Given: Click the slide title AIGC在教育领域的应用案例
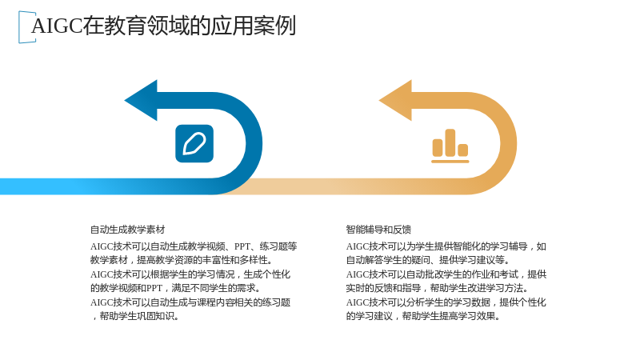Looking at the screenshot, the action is click(163, 26).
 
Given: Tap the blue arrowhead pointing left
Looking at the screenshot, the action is click(141, 101).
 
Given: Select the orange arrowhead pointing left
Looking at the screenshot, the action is click(395, 101).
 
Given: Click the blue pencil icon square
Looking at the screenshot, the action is click(194, 144).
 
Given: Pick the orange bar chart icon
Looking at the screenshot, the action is click(450, 146).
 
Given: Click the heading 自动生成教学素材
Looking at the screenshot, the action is click(128, 230).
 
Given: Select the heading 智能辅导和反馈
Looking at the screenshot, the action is click(378, 230).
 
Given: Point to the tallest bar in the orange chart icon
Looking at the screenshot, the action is click(450, 143).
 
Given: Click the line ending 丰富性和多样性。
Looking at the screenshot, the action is click(182, 260).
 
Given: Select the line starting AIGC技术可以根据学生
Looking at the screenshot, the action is click(190, 274).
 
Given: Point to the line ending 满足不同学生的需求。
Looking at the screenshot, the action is click(176, 288).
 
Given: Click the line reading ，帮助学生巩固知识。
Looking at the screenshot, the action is click(135, 316).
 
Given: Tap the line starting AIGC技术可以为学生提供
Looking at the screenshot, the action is click(446, 246).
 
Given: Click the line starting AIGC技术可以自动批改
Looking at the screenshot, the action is click(446, 274).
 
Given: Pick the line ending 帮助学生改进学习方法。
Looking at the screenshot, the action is click(438, 288).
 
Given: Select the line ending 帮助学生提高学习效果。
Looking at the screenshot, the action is click(423, 316).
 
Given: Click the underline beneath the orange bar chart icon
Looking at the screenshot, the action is click(450, 162).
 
